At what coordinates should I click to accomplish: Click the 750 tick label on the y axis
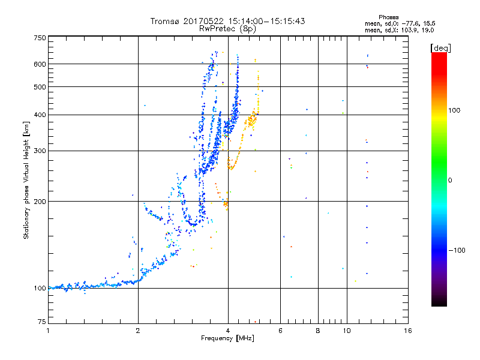[x=40, y=37]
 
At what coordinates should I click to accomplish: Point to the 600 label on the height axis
[x=40, y=64]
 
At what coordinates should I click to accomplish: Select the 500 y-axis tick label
[x=40, y=86]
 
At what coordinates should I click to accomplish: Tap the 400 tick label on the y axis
[x=40, y=115]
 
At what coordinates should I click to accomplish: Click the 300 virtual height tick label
[x=40, y=151]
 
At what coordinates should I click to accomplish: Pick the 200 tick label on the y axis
[x=40, y=201]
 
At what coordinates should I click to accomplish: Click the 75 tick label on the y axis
[x=42, y=323]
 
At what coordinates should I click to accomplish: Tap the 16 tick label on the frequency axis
[x=407, y=331]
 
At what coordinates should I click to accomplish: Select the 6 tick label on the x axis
[x=281, y=331]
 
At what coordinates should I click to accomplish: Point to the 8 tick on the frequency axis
[x=318, y=331]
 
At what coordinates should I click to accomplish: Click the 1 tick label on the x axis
[x=49, y=331]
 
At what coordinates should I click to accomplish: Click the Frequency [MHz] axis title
[x=227, y=338]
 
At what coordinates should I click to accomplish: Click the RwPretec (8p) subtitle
[x=227, y=28]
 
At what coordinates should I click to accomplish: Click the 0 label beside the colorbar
[x=450, y=180]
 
